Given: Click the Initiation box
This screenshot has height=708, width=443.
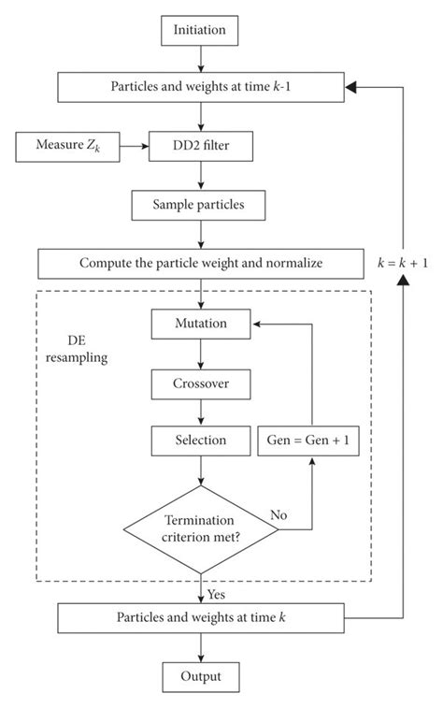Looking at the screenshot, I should tap(200, 31).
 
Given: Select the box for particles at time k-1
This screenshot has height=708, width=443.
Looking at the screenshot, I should tap(200, 87).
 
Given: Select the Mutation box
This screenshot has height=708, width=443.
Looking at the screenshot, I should tap(201, 324).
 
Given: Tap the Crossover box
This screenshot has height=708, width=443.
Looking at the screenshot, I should tap(201, 382).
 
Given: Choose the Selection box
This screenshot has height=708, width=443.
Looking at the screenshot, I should tap(201, 439).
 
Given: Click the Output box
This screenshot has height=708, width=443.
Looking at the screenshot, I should tap(200, 675).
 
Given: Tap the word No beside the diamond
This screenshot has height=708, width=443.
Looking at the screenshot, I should tap(278, 514).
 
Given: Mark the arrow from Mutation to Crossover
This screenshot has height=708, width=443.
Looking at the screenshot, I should tap(201, 353).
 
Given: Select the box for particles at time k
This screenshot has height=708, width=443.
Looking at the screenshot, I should tap(200, 618).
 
